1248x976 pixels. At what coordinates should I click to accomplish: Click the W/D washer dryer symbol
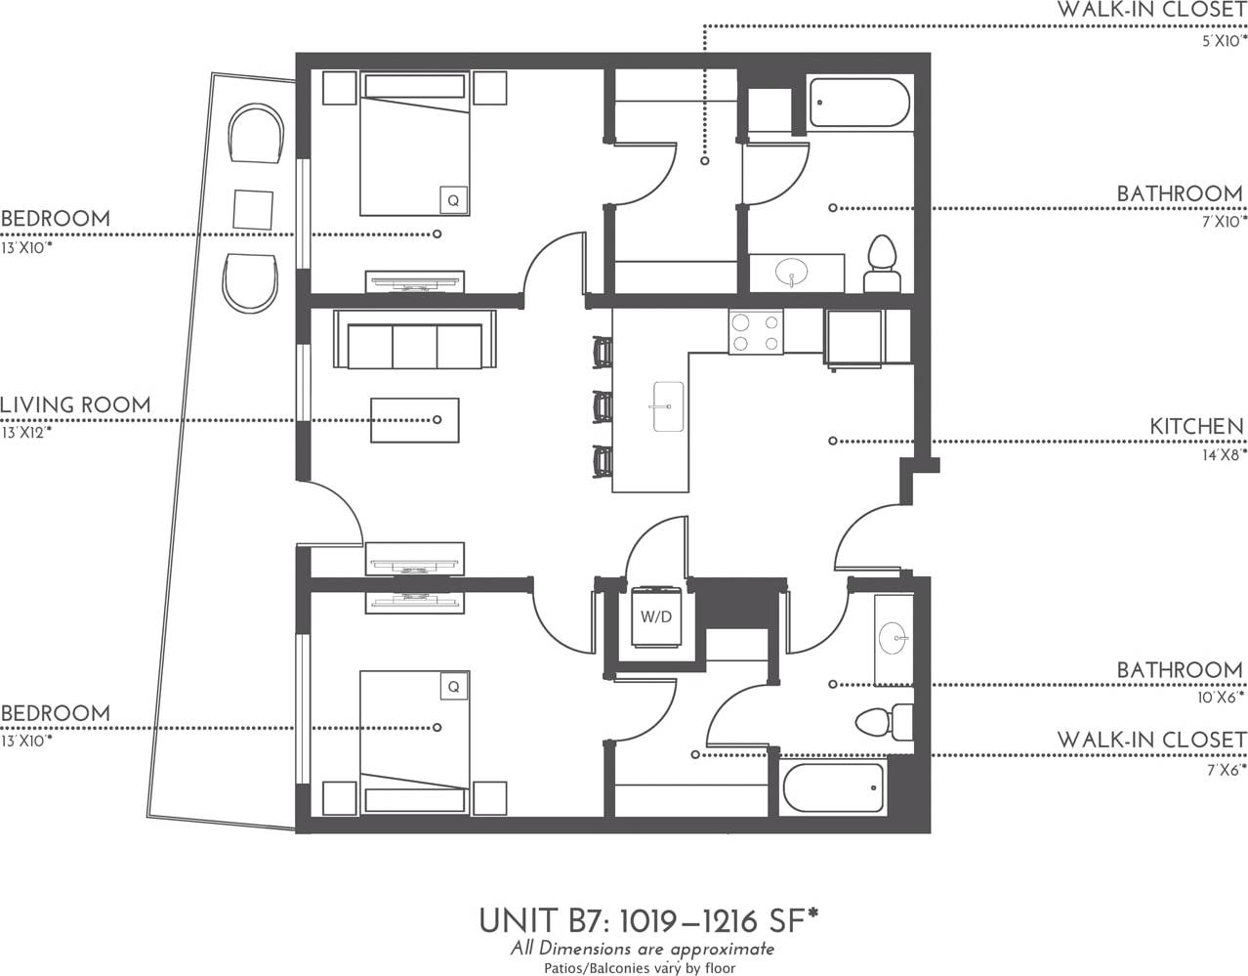click(655, 616)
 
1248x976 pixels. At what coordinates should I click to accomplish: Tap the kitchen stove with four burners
click(755, 331)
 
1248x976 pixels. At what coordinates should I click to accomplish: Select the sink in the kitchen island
click(668, 405)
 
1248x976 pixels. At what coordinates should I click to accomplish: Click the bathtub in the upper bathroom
click(859, 103)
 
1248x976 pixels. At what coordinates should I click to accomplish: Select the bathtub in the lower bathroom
click(833, 787)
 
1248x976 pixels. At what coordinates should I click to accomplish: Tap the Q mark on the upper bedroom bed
click(452, 200)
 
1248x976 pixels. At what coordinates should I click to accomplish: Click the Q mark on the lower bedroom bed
click(452, 687)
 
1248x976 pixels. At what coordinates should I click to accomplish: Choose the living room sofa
click(414, 340)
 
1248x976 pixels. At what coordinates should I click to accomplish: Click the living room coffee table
click(414, 420)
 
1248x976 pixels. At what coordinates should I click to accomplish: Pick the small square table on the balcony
click(254, 210)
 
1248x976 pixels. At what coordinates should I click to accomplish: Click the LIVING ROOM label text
click(75, 404)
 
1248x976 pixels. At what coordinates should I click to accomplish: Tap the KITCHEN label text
click(1196, 426)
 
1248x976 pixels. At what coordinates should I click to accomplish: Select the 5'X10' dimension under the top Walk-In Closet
click(1224, 41)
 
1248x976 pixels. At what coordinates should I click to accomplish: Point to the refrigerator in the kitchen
click(854, 337)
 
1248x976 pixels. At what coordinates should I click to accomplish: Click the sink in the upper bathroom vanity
click(792, 271)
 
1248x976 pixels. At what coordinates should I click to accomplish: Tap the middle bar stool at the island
click(603, 404)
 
